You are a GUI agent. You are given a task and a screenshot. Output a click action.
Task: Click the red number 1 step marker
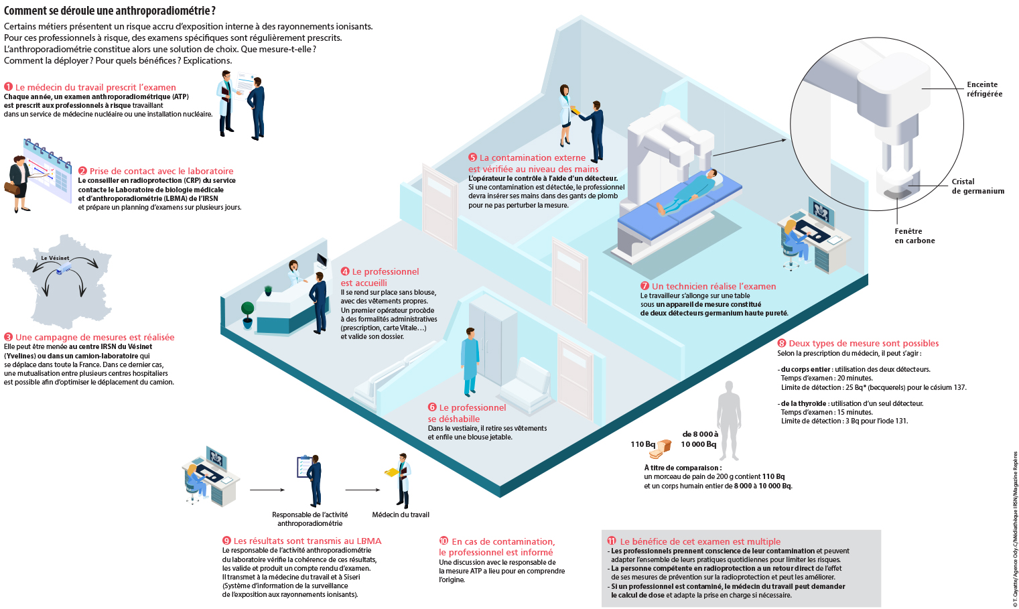8,87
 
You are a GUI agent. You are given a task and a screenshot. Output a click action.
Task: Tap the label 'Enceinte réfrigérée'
984,89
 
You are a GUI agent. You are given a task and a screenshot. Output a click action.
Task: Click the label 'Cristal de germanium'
977,186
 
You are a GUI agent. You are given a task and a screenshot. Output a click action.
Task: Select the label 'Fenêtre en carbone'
914,236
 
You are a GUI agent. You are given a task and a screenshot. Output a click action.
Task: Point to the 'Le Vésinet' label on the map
55,258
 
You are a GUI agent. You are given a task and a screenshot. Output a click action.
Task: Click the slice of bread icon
662,448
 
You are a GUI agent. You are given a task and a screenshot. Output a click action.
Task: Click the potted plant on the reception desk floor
248,314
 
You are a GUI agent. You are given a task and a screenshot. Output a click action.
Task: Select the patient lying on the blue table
690,192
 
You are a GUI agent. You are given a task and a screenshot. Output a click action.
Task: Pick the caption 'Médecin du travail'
401,515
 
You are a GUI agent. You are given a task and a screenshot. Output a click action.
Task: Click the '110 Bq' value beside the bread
642,444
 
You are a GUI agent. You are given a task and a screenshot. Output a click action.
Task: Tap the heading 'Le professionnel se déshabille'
467,413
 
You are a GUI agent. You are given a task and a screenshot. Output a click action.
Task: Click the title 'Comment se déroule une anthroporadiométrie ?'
110,11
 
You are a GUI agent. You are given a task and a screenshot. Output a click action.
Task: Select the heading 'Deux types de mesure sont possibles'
863,343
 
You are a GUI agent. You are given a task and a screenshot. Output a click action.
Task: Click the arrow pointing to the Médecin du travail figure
362,490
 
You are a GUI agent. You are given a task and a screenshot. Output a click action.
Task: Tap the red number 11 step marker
612,541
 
